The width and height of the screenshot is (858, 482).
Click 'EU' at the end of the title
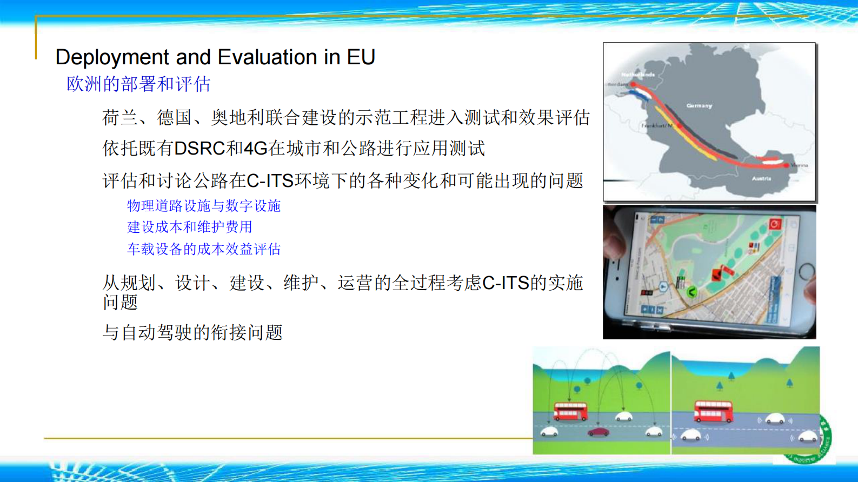point(361,57)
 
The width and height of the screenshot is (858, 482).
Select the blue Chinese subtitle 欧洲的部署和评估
point(138,84)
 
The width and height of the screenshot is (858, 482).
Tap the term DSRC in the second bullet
point(199,149)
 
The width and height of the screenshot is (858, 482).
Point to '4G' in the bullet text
point(256,149)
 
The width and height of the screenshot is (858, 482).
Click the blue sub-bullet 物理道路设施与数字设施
point(204,206)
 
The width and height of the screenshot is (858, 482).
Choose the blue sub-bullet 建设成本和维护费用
point(190,227)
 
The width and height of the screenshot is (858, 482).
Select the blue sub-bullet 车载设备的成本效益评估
point(204,249)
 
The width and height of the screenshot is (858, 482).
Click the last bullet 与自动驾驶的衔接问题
point(192,332)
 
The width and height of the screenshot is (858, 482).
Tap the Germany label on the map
point(699,106)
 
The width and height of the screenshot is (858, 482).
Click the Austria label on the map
point(761,178)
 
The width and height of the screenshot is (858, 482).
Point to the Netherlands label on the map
point(638,75)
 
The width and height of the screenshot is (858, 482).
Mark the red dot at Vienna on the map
point(786,165)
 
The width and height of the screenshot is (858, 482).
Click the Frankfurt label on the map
point(656,125)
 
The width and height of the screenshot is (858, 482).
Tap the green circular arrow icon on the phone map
point(691,292)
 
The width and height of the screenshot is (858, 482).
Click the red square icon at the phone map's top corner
point(774,224)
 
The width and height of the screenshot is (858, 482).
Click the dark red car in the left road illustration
point(598,432)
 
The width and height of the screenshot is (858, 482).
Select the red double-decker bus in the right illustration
point(713,411)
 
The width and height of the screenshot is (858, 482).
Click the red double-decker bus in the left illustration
point(570,412)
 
